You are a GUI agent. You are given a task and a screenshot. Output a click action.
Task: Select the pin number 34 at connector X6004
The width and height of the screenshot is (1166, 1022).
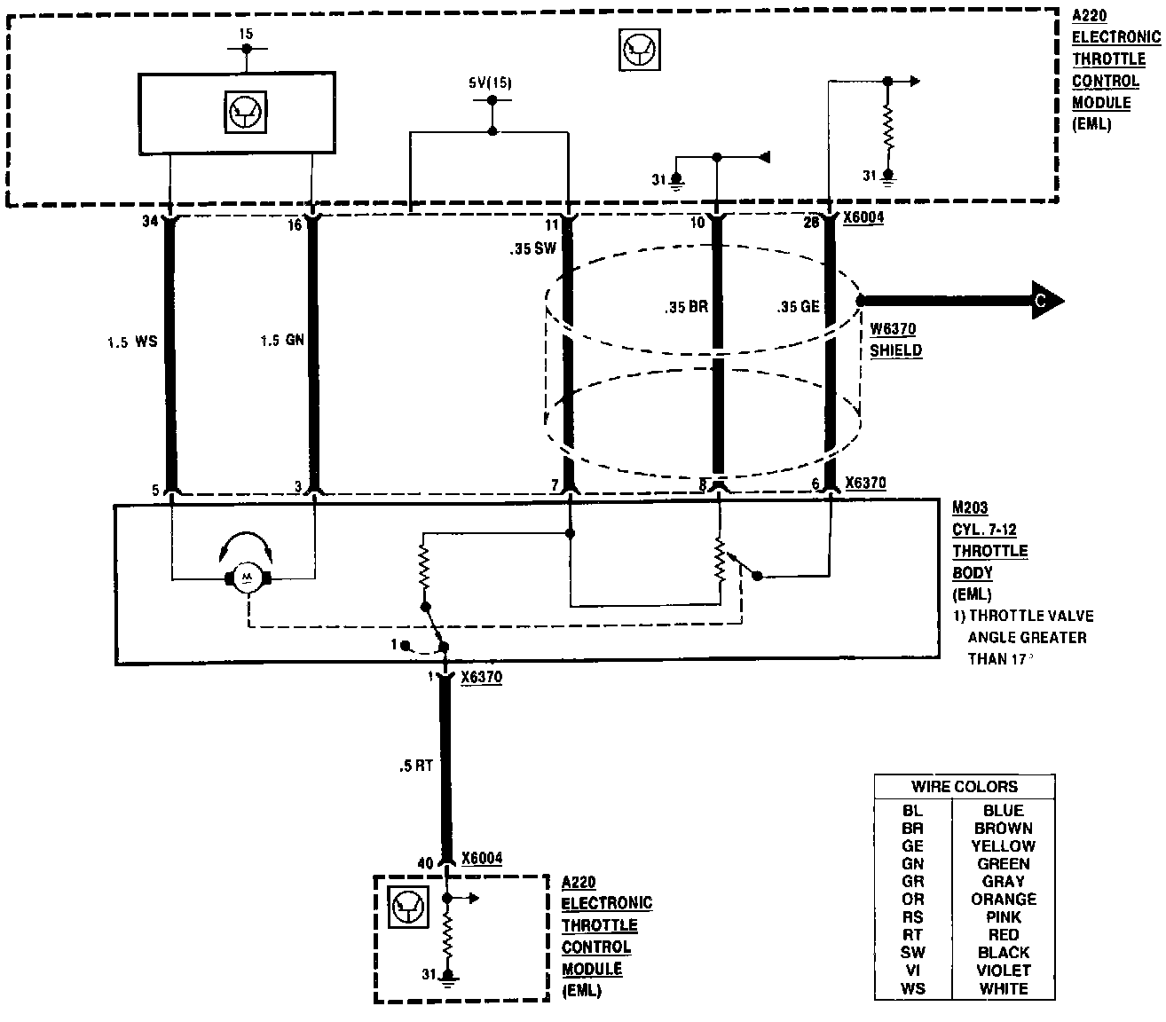click(149, 222)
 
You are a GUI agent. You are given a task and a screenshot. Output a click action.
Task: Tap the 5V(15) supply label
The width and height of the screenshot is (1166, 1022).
click(490, 83)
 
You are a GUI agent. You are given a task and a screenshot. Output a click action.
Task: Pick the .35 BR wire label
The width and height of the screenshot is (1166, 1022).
click(686, 308)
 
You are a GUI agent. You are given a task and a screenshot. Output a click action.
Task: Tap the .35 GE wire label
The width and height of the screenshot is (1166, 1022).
click(798, 308)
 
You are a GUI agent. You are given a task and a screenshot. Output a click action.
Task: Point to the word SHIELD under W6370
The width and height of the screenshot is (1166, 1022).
click(895, 350)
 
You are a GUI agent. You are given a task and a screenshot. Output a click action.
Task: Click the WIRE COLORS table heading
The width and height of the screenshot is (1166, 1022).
click(964, 787)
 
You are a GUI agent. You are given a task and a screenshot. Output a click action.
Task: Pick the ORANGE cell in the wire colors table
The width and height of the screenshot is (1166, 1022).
click(1003, 900)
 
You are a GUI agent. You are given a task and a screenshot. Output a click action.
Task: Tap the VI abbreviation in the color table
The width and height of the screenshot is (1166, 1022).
click(912, 971)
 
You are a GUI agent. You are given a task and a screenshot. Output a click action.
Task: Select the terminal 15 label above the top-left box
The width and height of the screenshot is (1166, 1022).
click(246, 34)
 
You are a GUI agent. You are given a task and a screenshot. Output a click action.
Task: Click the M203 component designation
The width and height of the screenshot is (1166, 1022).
click(969, 508)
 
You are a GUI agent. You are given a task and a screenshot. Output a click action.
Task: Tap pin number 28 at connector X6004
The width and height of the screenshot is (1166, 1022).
click(811, 222)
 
